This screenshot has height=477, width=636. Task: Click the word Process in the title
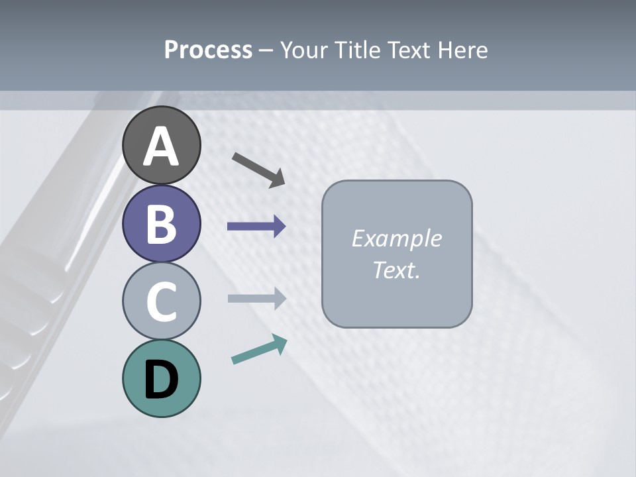208,50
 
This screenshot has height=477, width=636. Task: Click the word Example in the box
396,238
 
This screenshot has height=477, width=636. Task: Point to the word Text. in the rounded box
396,270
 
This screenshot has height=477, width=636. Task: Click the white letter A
161,147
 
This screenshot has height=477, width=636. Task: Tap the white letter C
161,301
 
